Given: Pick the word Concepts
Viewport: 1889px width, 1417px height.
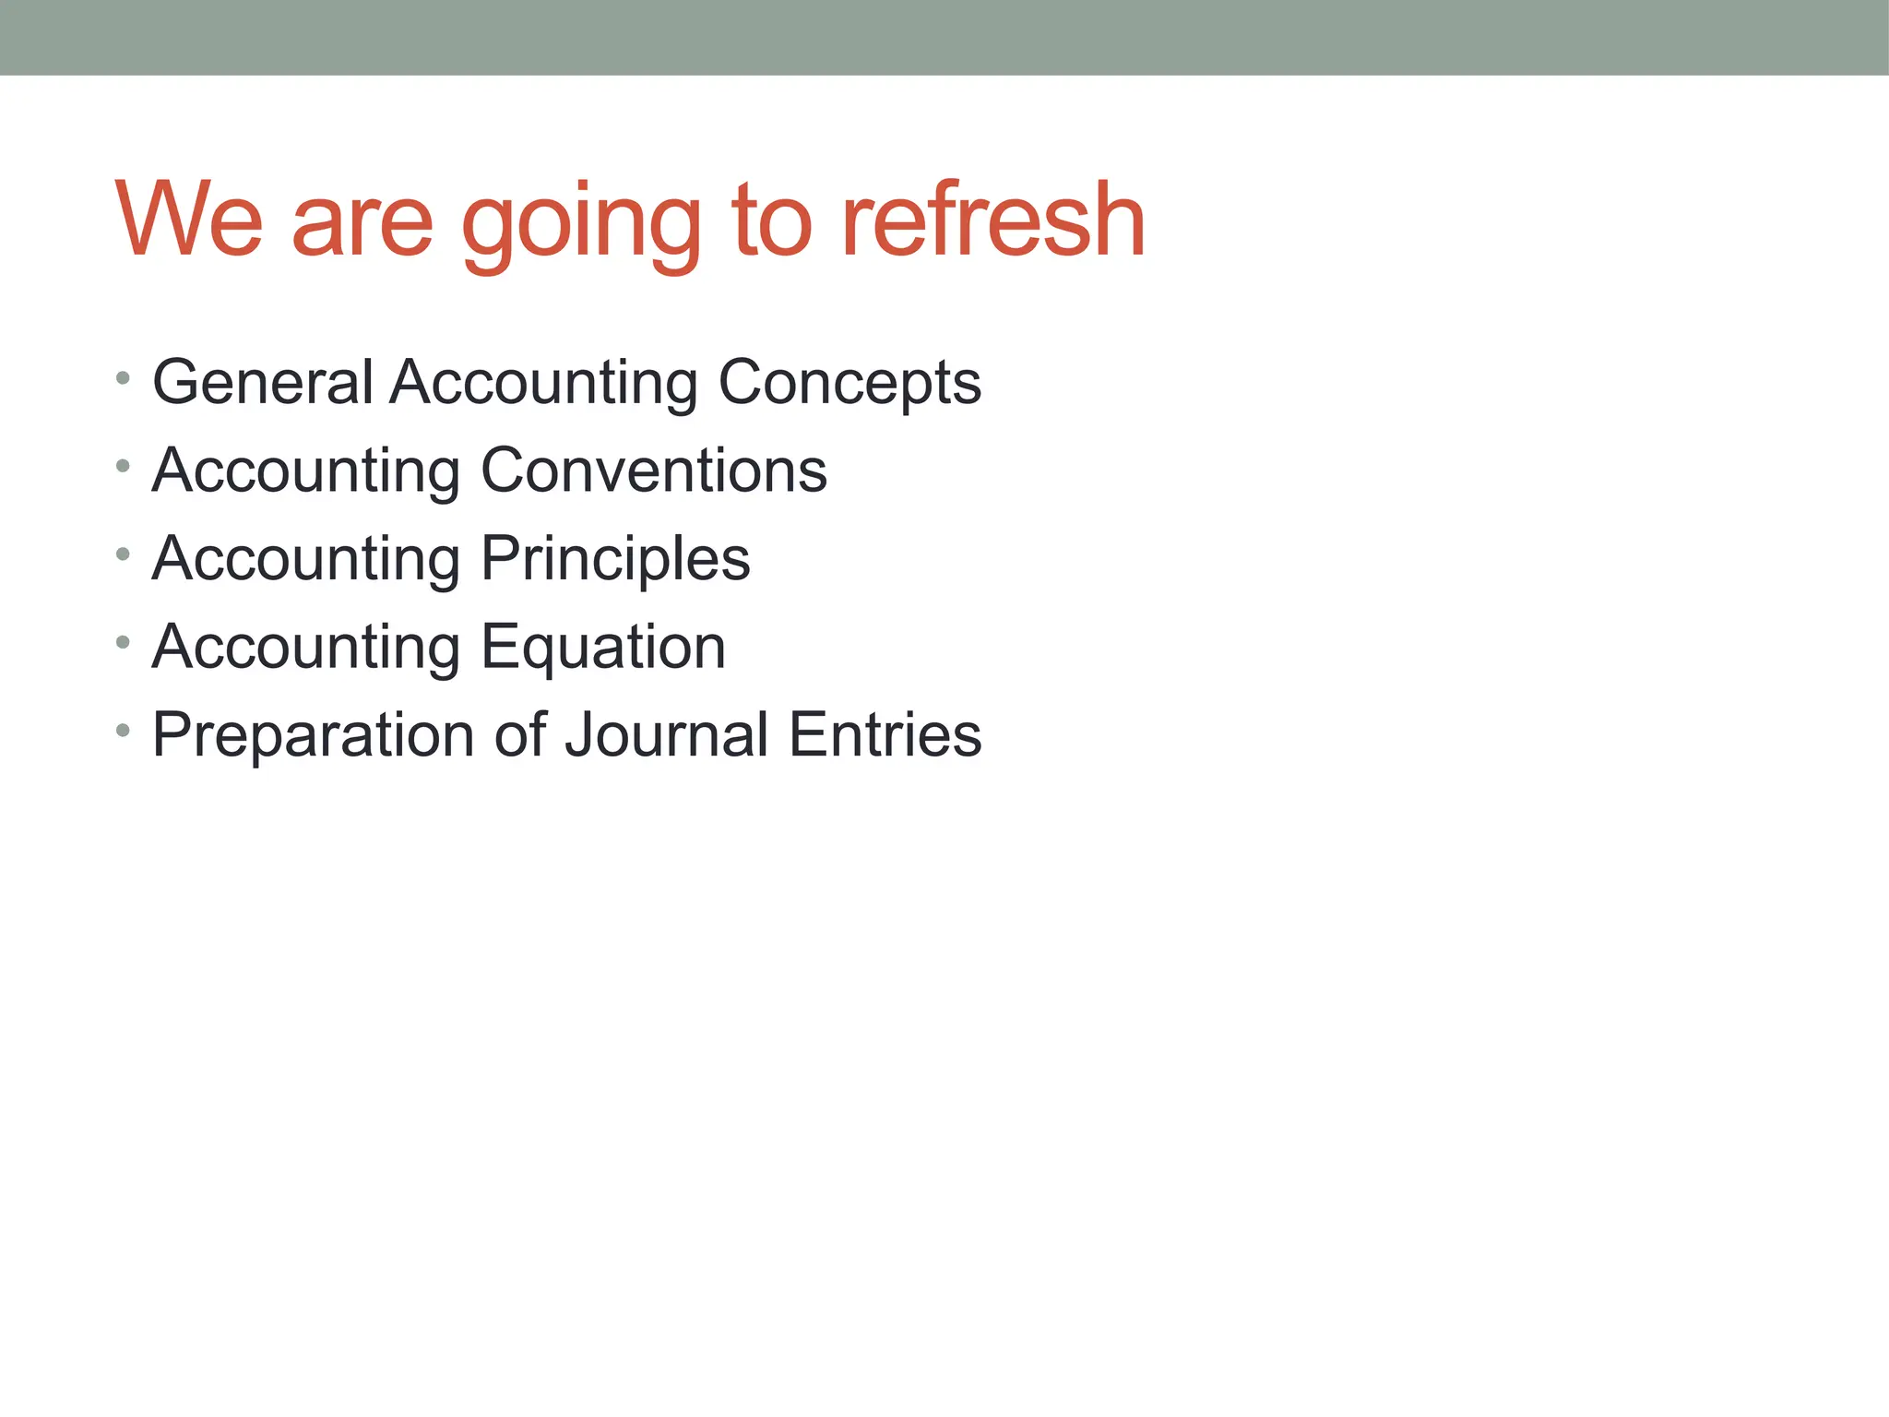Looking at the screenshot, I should (849, 384).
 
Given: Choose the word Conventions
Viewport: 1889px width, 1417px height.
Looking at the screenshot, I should (654, 470).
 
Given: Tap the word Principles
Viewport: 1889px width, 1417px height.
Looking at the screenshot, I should (615, 560).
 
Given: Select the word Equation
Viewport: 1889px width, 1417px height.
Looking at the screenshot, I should (603, 648).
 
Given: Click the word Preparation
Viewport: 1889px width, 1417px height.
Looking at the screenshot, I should (314, 736).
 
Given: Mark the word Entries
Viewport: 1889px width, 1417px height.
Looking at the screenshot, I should (885, 735).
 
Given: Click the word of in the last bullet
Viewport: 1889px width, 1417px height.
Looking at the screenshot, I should (521, 735).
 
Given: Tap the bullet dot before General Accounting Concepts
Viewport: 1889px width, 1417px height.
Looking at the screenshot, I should (124, 377).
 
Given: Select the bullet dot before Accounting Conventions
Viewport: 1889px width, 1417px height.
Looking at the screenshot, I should (124, 466).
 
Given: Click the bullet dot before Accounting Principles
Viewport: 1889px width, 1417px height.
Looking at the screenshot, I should (124, 554).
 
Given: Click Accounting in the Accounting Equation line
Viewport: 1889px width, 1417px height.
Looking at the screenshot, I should (306, 648).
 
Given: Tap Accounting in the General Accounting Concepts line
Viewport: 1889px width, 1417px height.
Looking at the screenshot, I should (543, 384).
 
